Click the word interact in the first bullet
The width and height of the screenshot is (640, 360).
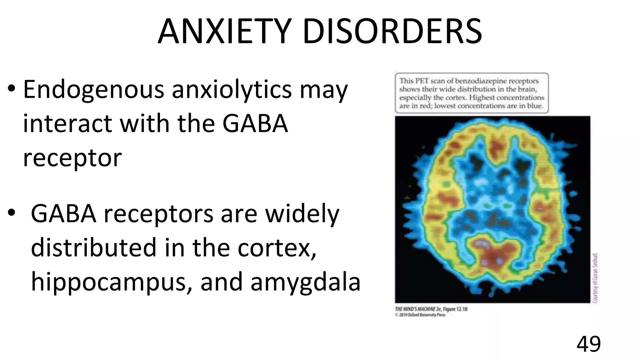[x=67, y=123]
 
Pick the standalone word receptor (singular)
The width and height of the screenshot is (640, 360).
[x=72, y=158]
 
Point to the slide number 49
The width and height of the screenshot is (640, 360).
[x=588, y=344]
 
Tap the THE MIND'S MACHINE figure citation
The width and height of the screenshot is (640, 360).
[x=431, y=309]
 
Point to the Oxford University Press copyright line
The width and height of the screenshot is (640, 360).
[x=420, y=315]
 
